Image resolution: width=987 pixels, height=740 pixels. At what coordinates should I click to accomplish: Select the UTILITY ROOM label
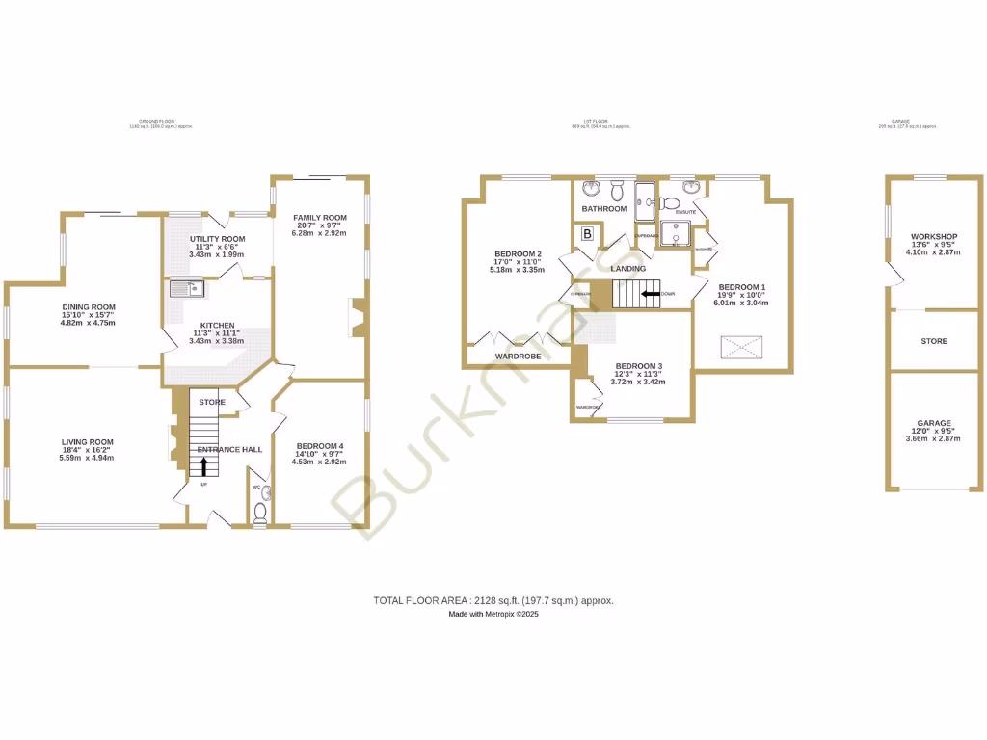click(217, 239)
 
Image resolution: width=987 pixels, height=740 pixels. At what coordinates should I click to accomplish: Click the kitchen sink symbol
click(183, 287)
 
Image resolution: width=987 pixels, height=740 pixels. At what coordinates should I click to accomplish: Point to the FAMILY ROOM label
click(320, 218)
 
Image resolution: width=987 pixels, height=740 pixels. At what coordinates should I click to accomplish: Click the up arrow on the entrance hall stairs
click(204, 466)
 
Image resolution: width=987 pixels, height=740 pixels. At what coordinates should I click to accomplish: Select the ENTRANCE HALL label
click(229, 450)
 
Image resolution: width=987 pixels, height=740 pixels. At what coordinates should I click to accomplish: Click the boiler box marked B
click(586, 234)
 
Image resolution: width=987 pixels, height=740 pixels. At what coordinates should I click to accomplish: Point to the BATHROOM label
click(604, 208)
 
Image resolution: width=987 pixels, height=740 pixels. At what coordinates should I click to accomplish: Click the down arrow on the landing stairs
click(653, 293)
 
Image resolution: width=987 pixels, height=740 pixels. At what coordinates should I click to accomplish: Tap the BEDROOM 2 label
click(519, 254)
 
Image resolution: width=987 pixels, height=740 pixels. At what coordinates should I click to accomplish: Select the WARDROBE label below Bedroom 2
click(518, 356)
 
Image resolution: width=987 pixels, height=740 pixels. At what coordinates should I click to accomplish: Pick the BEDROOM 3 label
click(639, 366)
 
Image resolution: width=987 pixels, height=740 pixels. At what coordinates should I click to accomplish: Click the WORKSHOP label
click(933, 237)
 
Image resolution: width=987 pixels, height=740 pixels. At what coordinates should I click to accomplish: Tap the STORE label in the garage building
click(933, 341)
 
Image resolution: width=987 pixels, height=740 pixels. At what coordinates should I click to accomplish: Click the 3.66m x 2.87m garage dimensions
click(933, 439)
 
